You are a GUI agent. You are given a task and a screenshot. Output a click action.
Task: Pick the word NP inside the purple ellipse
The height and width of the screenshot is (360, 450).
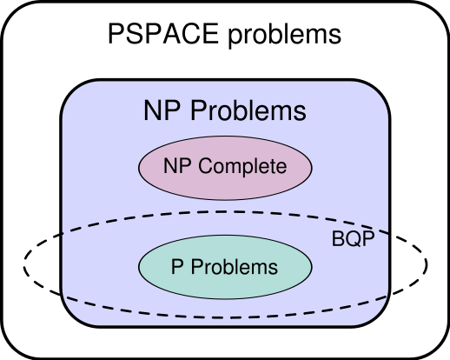[176, 165]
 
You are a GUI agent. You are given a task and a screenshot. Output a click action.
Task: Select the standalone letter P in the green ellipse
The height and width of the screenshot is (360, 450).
[176, 267]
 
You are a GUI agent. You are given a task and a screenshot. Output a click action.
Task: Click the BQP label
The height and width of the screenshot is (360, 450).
[352, 240]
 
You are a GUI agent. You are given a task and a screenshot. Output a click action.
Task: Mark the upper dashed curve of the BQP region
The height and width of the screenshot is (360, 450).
[225, 212]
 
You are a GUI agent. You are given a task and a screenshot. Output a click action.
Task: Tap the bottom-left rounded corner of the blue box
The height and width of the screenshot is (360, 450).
[73, 314]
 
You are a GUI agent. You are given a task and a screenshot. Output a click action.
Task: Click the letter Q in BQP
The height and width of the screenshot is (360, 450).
[352, 240]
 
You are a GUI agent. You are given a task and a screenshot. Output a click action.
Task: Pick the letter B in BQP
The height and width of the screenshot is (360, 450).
[339, 240]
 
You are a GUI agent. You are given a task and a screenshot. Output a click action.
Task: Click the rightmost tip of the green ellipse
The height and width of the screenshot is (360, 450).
[310, 266]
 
